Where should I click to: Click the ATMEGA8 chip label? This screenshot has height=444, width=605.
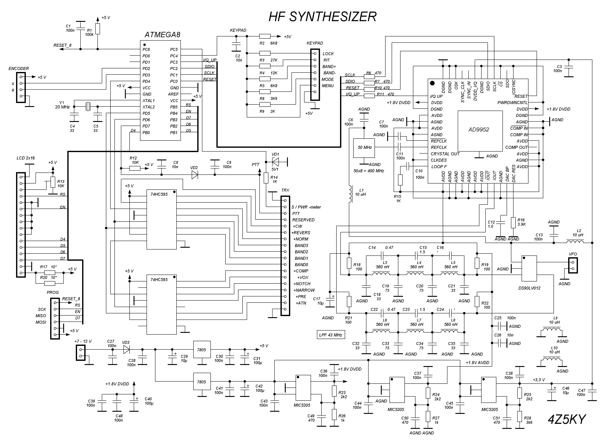tap(162, 35)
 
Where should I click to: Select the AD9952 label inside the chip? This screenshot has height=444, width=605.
tap(479, 130)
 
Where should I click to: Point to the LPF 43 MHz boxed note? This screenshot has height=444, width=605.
tap(331, 335)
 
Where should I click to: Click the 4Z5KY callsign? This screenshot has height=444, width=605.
tap(567, 419)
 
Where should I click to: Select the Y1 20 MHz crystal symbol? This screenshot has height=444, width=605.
tap(88, 107)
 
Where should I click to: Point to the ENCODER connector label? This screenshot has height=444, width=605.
tap(19, 69)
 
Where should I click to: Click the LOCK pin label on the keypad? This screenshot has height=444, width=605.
tap(328, 54)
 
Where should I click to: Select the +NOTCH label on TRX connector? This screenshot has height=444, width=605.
tap(302, 284)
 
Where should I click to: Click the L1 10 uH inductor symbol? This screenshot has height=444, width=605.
tap(350, 194)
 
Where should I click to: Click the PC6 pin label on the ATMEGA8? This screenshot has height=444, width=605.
tap(146, 49)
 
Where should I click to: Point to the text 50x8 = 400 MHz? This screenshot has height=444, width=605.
tap(369, 171)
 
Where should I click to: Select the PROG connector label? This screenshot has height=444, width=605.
tap(53, 292)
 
